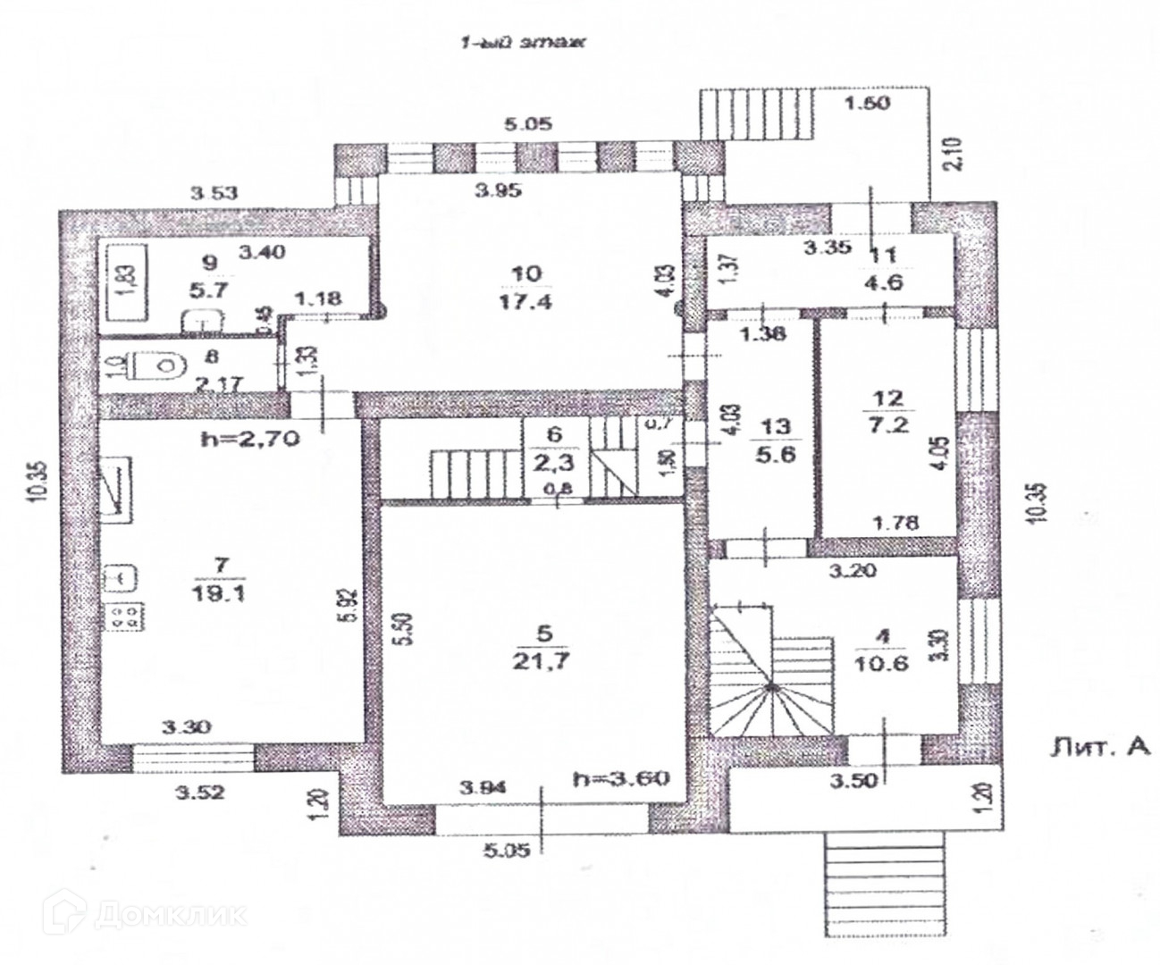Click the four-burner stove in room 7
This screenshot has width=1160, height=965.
pyautogui.click(x=123, y=616)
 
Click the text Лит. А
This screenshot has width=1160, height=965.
pyautogui.click(x=1098, y=749)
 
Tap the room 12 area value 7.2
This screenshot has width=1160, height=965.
pyautogui.click(x=890, y=423)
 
